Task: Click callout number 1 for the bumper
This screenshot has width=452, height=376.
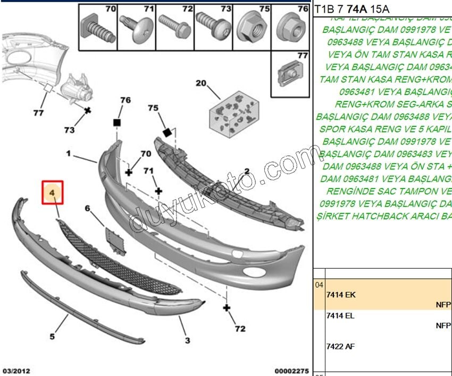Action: [69, 153]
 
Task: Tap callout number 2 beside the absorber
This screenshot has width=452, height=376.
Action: [247, 171]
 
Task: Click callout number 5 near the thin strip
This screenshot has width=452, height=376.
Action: [52, 336]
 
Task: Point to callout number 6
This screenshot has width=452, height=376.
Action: [87, 208]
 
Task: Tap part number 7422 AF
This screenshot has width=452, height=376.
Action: [340, 346]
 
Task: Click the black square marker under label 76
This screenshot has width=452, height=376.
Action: [117, 123]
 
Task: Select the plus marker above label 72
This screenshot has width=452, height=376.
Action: [227, 307]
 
